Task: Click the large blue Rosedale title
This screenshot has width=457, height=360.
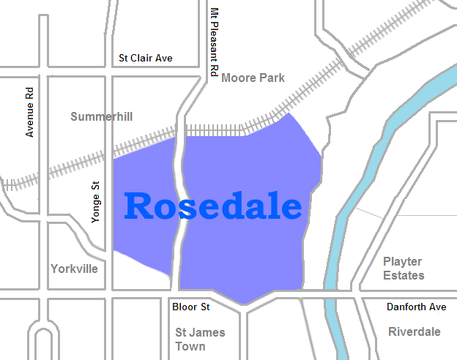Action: (x=212, y=206)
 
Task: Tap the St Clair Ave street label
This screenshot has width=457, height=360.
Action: (x=146, y=58)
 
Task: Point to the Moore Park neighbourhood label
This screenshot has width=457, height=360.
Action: (x=253, y=78)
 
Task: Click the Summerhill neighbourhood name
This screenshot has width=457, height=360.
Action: (x=101, y=116)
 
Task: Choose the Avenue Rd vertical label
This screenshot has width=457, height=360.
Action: (x=30, y=113)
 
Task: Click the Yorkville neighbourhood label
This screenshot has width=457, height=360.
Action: (x=74, y=269)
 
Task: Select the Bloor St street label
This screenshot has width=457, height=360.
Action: (x=191, y=307)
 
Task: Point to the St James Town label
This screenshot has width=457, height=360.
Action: (x=200, y=339)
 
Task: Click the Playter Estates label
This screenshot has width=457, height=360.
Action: (x=404, y=268)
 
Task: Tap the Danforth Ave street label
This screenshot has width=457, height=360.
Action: (x=417, y=307)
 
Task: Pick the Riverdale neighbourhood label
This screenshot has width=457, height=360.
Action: (x=415, y=331)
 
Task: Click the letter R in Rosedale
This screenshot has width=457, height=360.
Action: (x=139, y=206)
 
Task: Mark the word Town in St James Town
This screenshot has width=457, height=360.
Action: (x=190, y=346)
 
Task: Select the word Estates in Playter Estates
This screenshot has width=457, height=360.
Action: (x=404, y=275)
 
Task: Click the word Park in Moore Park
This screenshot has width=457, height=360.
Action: (x=271, y=78)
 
